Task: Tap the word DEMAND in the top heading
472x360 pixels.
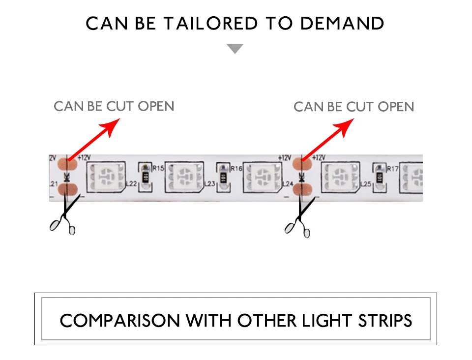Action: (x=342, y=24)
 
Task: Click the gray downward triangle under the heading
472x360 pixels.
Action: (x=235, y=48)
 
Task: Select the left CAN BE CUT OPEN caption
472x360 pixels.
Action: (x=114, y=106)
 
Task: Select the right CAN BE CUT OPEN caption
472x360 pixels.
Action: (x=354, y=107)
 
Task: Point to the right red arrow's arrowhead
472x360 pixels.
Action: (x=347, y=127)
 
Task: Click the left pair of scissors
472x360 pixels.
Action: (x=63, y=216)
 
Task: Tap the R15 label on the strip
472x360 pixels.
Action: (x=158, y=168)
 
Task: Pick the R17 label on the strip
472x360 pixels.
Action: (x=392, y=169)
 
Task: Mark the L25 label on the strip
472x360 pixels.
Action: (x=365, y=184)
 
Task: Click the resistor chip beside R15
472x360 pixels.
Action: (x=146, y=176)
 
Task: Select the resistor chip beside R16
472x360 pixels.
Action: (x=224, y=176)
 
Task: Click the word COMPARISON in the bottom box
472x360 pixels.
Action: (x=119, y=321)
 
